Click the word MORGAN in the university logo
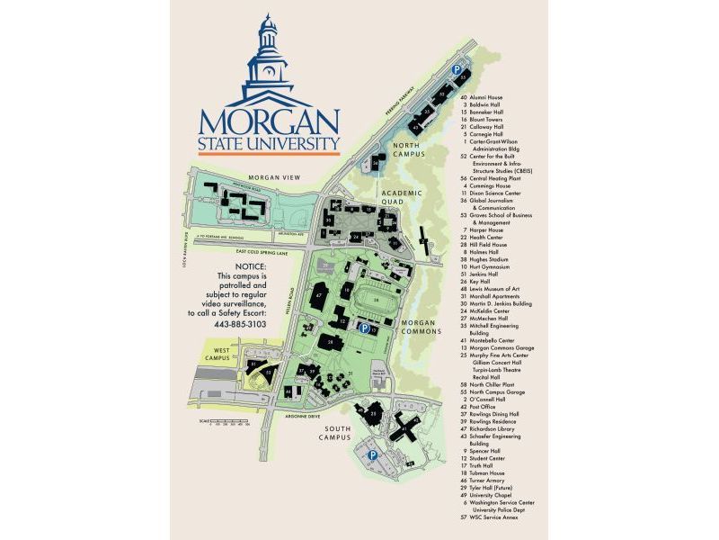(x=269, y=121)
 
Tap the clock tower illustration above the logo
(x=269, y=58)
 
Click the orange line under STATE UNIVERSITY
(x=269, y=154)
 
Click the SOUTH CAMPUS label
(x=337, y=433)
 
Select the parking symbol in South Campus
(x=371, y=455)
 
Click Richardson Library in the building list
(x=495, y=428)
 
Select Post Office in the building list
(x=483, y=406)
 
